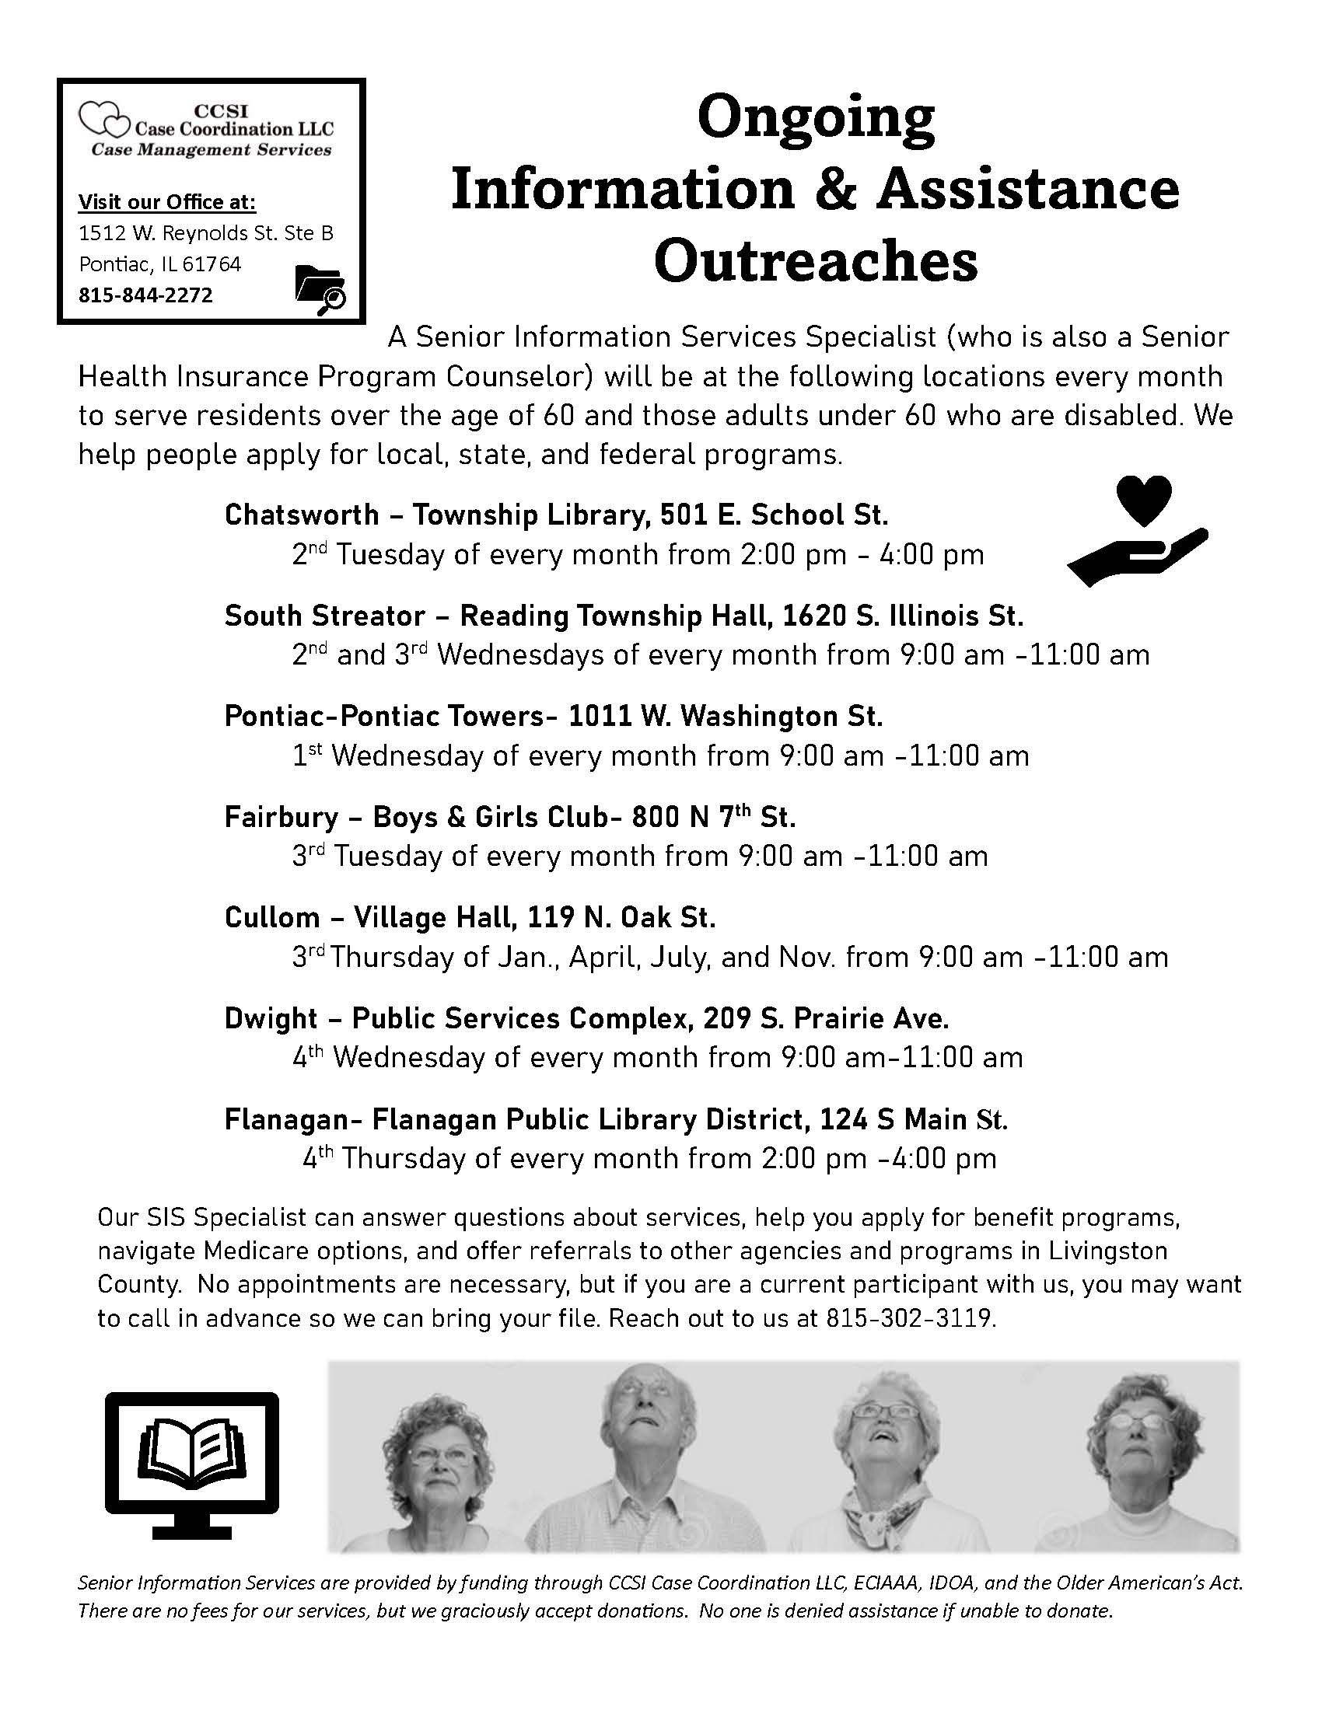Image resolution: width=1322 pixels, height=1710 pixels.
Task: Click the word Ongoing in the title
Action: point(815,117)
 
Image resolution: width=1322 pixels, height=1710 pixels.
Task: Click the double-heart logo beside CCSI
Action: point(103,120)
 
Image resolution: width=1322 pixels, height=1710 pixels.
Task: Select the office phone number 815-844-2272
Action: point(145,295)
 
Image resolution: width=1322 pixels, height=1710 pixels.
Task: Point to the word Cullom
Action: point(271,917)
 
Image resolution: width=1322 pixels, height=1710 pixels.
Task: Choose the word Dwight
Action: point(271,1018)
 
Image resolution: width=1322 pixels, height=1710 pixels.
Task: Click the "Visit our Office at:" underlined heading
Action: point(167,202)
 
